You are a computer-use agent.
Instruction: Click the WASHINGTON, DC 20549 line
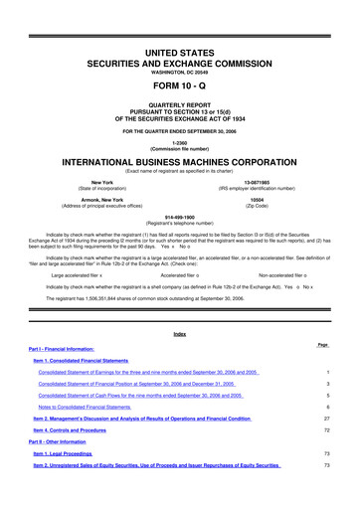(179, 44)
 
